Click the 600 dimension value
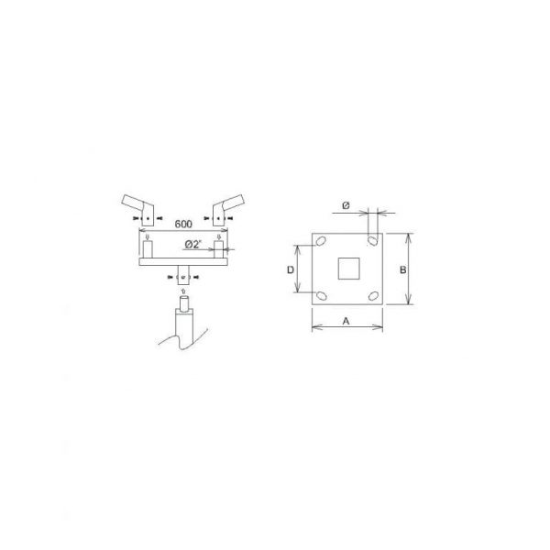pos(183,224)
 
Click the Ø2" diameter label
pos(194,244)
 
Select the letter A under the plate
pos(346,321)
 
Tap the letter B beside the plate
pos(403,269)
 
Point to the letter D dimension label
pos(291,269)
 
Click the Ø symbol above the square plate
pos(346,206)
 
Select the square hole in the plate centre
pos(348,269)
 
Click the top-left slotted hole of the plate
pos(321,241)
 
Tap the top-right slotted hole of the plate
pos(373,240)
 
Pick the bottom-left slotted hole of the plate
pos(322,296)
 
